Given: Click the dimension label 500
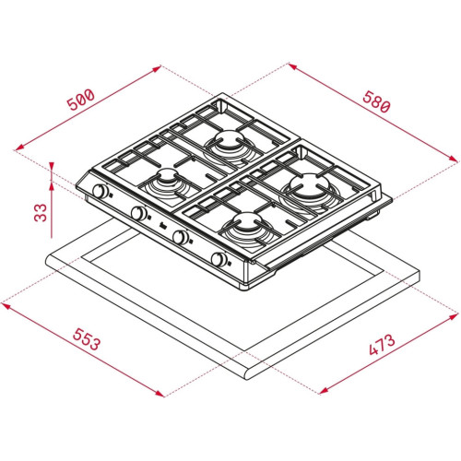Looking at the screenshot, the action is coord(80,100).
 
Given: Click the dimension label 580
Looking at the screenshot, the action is coord(376,101).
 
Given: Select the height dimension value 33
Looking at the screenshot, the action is coord(41,212).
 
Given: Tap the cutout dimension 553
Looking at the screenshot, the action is coord(87,339).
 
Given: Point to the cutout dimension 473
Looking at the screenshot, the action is coord(382,345).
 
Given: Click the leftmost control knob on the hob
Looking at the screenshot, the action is coord(100,191).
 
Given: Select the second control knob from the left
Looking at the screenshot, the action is coord(139,213).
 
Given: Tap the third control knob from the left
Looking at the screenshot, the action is coord(180,236).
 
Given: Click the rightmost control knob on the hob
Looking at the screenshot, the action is coord(219,259).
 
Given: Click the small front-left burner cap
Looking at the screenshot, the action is coord(168,175).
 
